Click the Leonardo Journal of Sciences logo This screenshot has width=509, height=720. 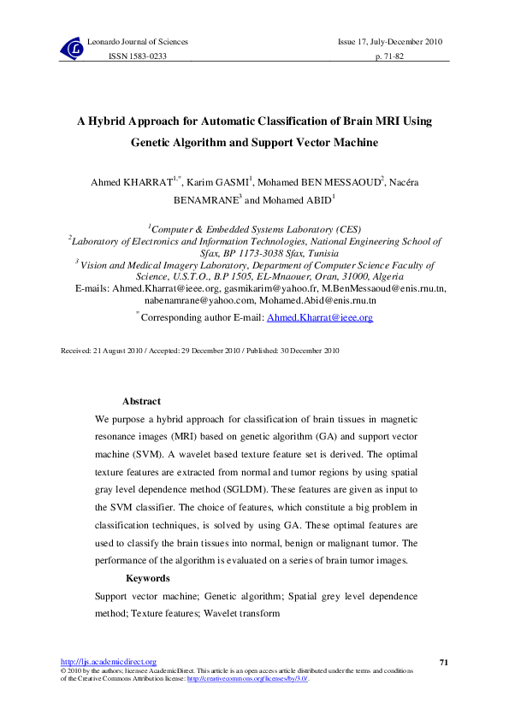tap(73, 50)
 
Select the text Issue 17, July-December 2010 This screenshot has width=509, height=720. tap(390, 42)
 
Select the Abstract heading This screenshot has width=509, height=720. tap(141, 401)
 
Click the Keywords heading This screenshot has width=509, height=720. tap(147, 578)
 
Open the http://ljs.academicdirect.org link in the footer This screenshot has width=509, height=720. tap(108, 662)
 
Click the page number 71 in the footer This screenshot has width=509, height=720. tap(443, 662)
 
